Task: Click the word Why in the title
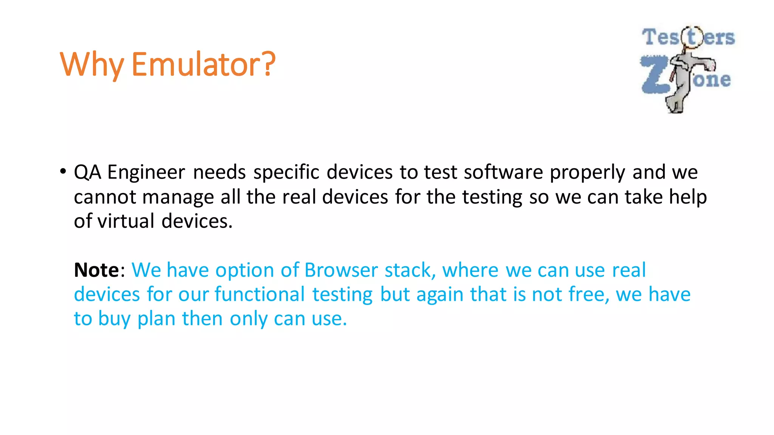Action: tap(91, 65)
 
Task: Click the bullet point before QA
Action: tap(63, 172)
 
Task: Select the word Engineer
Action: tap(146, 173)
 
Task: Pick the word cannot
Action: tap(105, 197)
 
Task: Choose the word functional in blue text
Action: tap(260, 295)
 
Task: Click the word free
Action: tap(588, 295)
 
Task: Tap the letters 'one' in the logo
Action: tap(712, 80)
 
